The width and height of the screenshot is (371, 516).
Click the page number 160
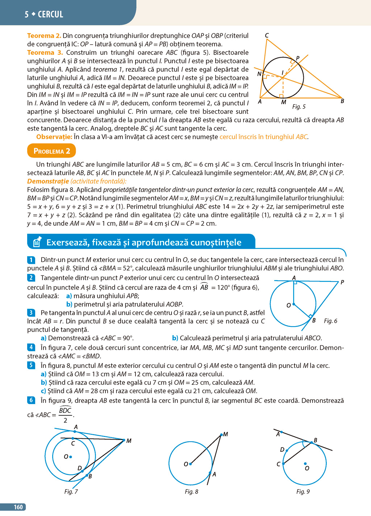pos(18,507)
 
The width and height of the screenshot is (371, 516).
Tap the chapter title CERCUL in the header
pos(50,14)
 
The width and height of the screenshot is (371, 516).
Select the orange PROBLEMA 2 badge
pos(51,151)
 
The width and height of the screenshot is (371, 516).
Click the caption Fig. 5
pos(299,107)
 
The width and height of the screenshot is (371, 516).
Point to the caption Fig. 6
pos(330,321)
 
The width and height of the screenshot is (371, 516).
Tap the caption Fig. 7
pos(71,491)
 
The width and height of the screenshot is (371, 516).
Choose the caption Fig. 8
pos(191,491)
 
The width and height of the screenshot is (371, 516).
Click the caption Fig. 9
pos(303,491)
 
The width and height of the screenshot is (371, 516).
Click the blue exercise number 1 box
pos(31,260)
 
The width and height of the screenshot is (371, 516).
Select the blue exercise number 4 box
pos(31,347)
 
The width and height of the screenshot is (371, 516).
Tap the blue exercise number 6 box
pos(31,400)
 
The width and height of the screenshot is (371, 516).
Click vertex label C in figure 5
pos(267,35)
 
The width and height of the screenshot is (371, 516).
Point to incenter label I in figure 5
pos(283,73)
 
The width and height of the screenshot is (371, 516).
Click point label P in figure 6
pos(342,282)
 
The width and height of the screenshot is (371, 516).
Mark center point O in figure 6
pos(293,304)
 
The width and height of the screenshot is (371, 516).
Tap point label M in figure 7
pos(129,441)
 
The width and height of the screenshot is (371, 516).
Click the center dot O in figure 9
pos(305,463)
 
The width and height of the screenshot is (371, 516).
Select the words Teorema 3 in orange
pos(45,53)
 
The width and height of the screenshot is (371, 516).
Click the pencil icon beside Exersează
pos(37,242)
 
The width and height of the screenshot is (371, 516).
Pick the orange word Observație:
pos(54,137)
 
